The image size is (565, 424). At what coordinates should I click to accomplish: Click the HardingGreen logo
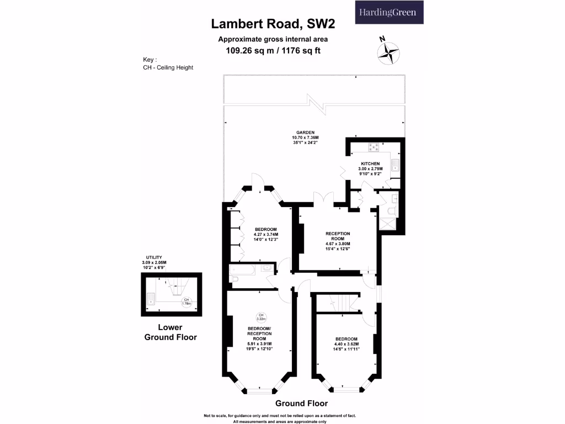pyautogui.click(x=388, y=12)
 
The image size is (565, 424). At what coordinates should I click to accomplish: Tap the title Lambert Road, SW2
pyautogui.click(x=274, y=24)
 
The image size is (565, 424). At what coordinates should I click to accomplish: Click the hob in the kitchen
pyautogui.click(x=374, y=147)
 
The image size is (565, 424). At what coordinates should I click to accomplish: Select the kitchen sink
pyautogui.click(x=395, y=164)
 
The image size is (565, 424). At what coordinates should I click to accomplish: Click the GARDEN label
pyautogui.click(x=305, y=132)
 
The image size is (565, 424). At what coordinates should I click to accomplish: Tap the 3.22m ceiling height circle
pyautogui.click(x=261, y=317)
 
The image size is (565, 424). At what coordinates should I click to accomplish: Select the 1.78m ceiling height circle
pyautogui.click(x=186, y=301)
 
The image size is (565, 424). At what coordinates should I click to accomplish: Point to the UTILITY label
pyautogui.click(x=153, y=257)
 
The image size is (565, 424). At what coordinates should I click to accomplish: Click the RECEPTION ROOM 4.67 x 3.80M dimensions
pyautogui.click(x=338, y=244)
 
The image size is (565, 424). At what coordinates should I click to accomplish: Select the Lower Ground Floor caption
pyautogui.click(x=170, y=332)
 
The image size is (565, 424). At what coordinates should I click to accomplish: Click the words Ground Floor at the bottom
pyautogui.click(x=301, y=403)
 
